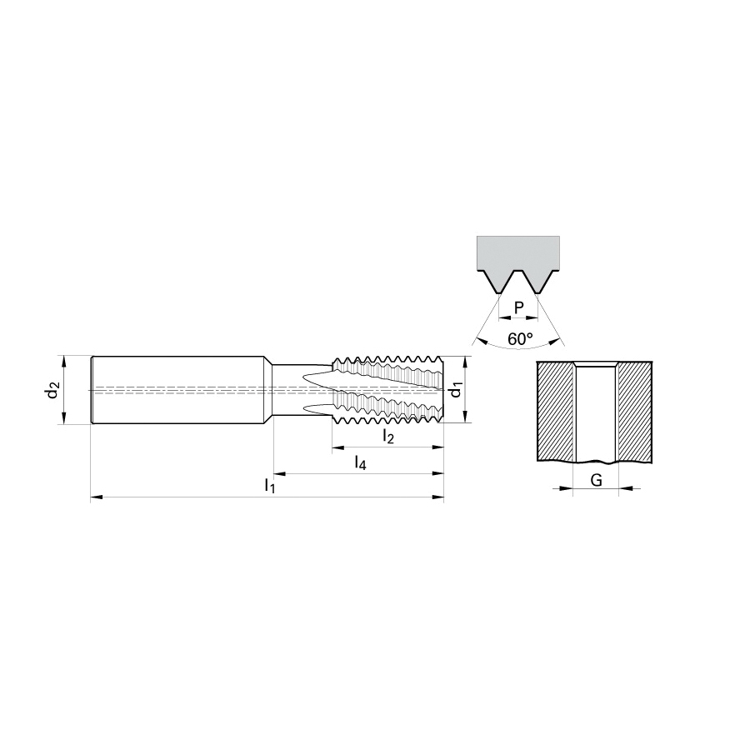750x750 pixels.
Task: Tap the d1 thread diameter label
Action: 457,390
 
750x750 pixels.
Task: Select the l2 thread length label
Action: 387,436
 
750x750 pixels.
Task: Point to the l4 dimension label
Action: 360,462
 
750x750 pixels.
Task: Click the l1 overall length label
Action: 270,486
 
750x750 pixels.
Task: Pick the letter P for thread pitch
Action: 519,308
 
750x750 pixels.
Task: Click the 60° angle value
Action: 520,339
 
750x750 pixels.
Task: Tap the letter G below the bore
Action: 596,480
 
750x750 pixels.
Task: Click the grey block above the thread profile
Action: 518,254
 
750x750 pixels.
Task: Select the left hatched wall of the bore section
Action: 555,412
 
